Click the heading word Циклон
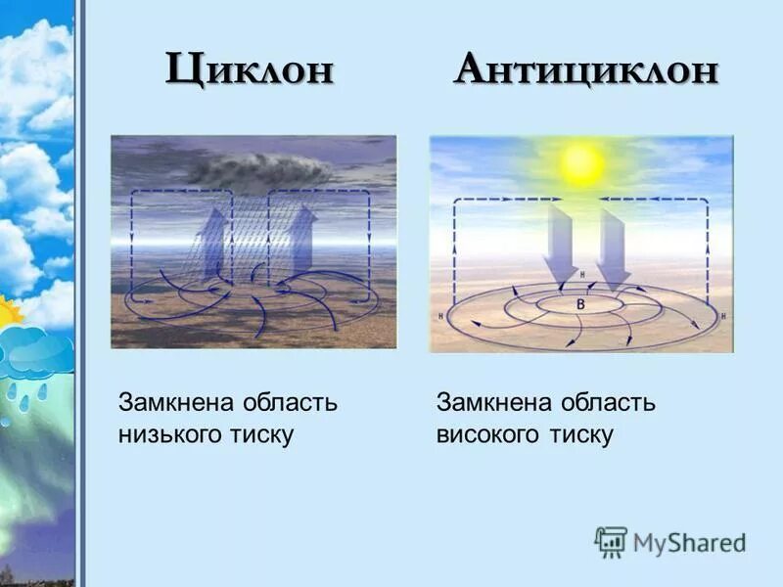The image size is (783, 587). pos(250,70)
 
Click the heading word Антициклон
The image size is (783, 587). pos(585,70)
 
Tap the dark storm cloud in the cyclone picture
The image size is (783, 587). pos(259,168)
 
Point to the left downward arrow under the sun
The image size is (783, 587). pos(563,245)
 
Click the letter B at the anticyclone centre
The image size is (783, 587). pos(580,305)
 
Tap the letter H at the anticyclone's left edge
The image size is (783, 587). pos(442,316)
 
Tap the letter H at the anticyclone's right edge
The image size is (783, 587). pos(723,317)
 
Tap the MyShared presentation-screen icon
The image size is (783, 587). pos(611,542)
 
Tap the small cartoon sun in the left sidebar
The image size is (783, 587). pos(10,313)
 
